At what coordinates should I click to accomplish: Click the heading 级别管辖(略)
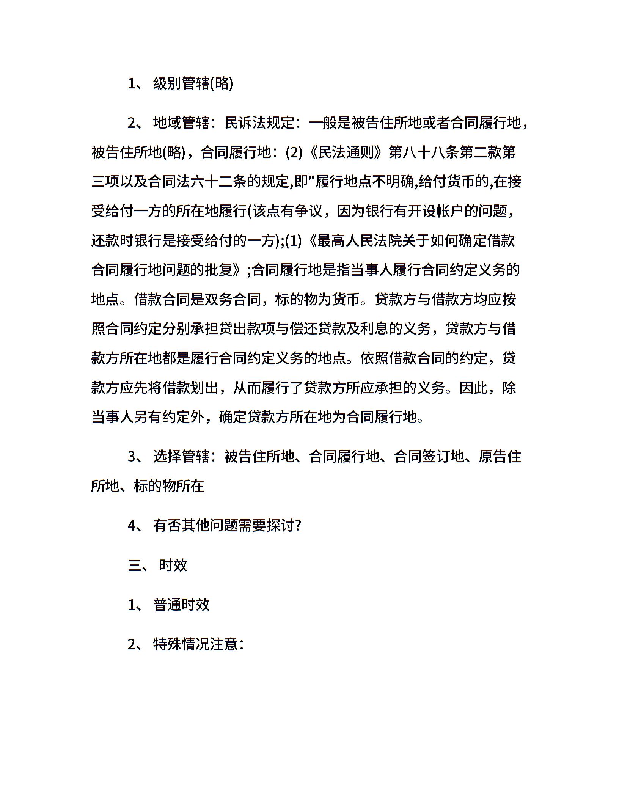[193, 83]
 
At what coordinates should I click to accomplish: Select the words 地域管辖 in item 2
[181, 123]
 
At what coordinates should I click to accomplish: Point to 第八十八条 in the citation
[424, 152]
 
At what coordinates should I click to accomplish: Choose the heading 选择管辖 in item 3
[181, 456]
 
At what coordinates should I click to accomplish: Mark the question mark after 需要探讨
[298, 525]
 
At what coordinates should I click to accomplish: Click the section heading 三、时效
[158, 565]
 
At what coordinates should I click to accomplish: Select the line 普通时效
[181, 605]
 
